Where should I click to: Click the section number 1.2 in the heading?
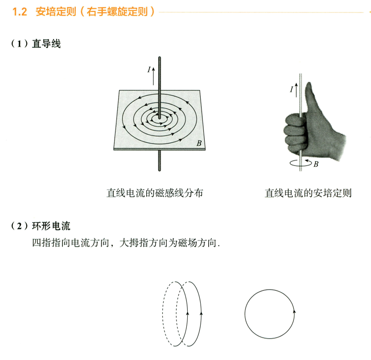point(20,12)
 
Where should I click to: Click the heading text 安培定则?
point(56,12)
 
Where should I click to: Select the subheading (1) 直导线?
point(36,44)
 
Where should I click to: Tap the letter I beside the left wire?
point(149,70)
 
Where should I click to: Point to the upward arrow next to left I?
point(153,76)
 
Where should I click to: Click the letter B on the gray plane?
point(199,144)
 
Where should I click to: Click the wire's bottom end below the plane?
point(160,170)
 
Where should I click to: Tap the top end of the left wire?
point(160,58)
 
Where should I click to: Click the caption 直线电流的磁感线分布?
point(155,193)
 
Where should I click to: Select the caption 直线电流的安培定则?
point(308,193)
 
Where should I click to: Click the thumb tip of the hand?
point(309,83)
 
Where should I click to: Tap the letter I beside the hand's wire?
point(292,90)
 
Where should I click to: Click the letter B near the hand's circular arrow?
point(316,164)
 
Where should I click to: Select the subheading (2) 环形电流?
point(41,226)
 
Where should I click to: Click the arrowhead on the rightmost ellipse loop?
point(202,314)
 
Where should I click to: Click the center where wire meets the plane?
point(160,117)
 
